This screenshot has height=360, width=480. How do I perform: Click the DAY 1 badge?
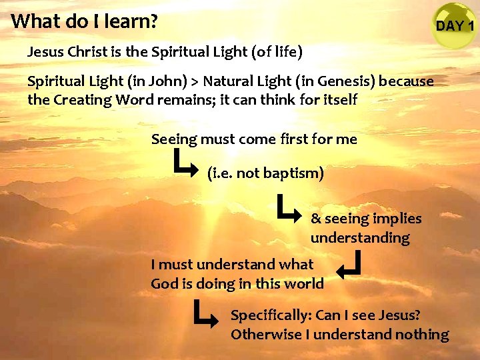(454, 26)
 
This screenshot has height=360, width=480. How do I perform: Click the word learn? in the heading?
(131, 21)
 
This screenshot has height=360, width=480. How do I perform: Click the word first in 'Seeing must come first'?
(303, 139)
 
